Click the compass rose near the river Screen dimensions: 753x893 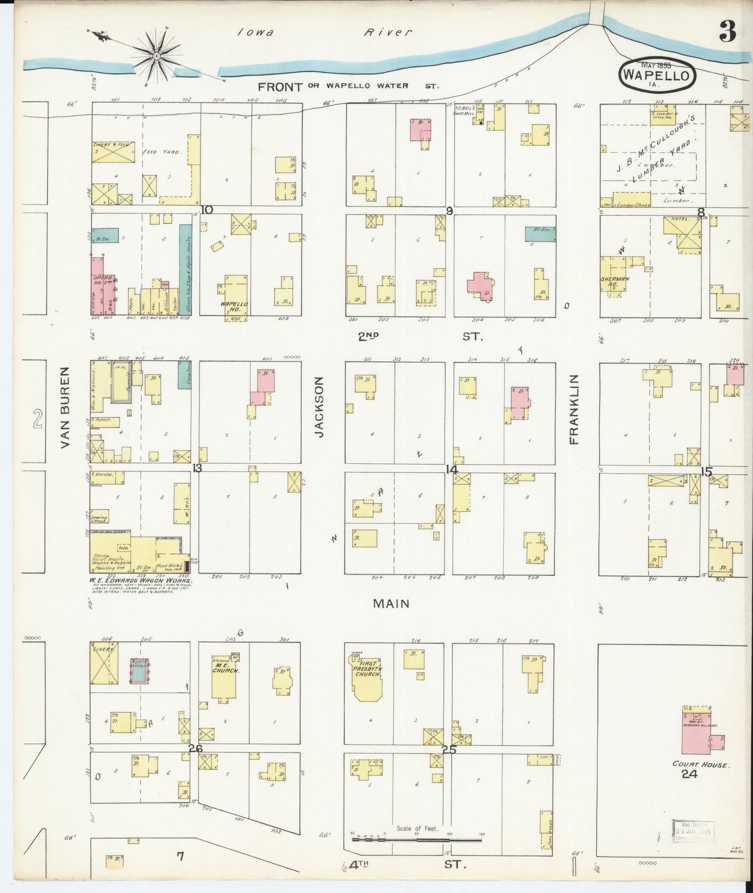coord(156,54)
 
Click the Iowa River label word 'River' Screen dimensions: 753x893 coord(388,32)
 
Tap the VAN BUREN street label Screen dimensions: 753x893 coord(65,407)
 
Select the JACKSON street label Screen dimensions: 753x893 coord(319,407)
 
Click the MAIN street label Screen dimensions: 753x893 coord(391,603)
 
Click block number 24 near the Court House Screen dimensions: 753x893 coord(689,774)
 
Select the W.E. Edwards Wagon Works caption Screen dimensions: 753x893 coord(141,580)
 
